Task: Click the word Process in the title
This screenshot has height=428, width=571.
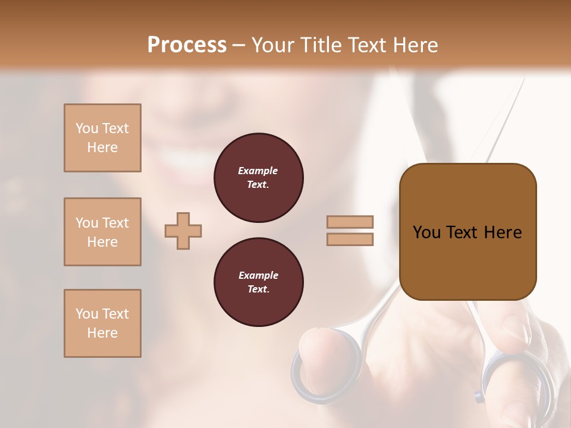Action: coord(187,45)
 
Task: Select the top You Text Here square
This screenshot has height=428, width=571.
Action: coord(102,138)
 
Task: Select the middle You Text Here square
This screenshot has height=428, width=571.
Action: coord(102,232)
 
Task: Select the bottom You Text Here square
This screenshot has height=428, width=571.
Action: coord(102,323)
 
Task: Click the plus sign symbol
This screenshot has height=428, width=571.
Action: coord(183,230)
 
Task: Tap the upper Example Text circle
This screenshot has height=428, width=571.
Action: coord(258,178)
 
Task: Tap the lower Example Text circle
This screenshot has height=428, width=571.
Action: coord(258,282)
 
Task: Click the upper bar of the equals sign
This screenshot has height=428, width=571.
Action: coord(350,222)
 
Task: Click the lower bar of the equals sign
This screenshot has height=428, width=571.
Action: coord(350,239)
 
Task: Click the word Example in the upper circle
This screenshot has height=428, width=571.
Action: coord(258,171)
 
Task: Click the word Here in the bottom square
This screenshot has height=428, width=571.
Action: coord(102,332)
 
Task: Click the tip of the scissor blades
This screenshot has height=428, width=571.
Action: coord(523,80)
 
